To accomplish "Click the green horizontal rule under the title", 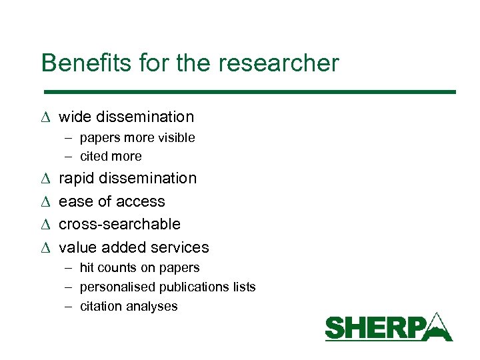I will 249,91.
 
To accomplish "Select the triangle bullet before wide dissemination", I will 45,117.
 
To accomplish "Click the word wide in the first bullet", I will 75,117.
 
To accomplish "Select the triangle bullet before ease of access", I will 45,201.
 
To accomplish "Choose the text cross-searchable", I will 120,224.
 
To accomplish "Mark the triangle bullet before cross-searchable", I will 45,224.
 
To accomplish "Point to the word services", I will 181,247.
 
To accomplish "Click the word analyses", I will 155,307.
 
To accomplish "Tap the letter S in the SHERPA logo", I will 335,329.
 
